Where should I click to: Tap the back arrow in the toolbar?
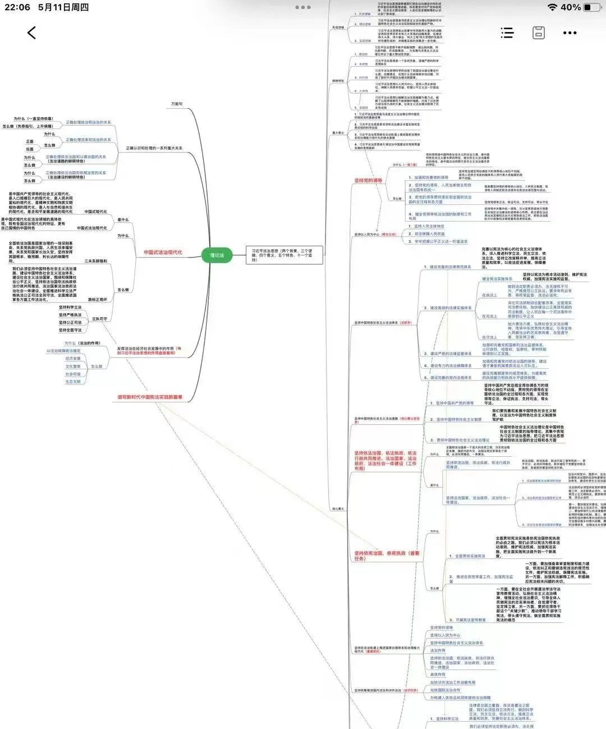point(31,33)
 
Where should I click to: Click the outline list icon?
point(507,33)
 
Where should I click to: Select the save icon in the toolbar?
point(539,33)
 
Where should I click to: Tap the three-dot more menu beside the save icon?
point(570,33)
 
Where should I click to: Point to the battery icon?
point(592,7)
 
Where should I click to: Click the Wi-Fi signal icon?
point(553,7)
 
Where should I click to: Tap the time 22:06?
point(17,7)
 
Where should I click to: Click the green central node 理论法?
point(217,255)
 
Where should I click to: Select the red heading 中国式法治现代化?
point(163,253)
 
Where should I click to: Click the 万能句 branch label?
point(177,104)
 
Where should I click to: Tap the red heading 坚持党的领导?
point(368,181)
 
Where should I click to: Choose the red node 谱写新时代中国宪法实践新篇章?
point(150,397)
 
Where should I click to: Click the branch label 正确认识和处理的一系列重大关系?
point(154,148)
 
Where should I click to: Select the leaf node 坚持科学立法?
point(70,307)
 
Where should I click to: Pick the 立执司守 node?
point(99,319)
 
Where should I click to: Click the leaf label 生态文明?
point(73,382)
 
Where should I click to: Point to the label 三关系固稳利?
point(96,261)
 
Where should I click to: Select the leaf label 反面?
point(30,149)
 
